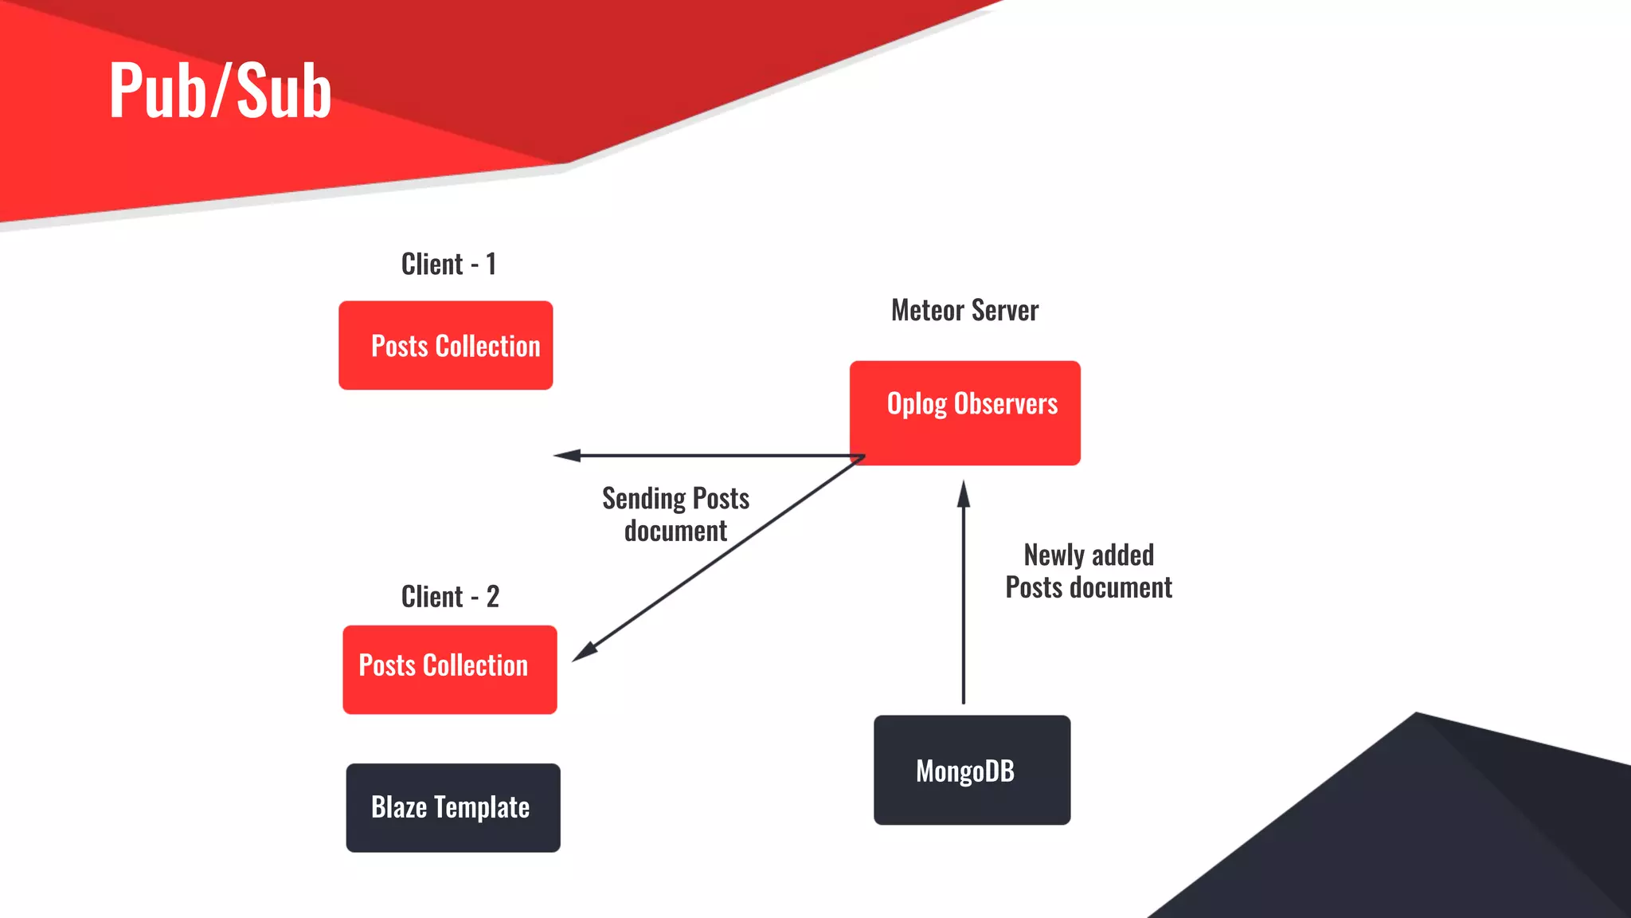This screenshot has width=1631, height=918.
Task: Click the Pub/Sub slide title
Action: pyautogui.click(x=220, y=91)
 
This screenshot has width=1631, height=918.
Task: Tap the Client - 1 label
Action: pyautogui.click(x=448, y=265)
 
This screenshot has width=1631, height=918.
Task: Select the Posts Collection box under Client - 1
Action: pyautogui.click(x=446, y=345)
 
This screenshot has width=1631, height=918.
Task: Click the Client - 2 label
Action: pyautogui.click(x=450, y=597)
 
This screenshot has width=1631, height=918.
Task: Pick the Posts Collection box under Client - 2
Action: pyautogui.click(x=450, y=669)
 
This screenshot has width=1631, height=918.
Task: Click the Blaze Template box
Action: pyautogui.click(x=453, y=808)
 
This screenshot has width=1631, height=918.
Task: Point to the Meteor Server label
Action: pyautogui.click(x=964, y=311)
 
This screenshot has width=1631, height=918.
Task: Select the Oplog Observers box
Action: pyautogui.click(x=965, y=413)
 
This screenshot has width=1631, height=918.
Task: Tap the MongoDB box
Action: pyautogui.click(x=972, y=770)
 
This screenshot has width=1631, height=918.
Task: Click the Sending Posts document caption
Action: pyautogui.click(x=675, y=515)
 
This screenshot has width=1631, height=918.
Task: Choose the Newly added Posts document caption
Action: pyautogui.click(x=1088, y=571)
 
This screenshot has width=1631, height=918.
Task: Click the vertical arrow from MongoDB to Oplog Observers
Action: pyautogui.click(x=964, y=606)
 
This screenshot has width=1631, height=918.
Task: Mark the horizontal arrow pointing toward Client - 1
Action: pyautogui.click(x=717, y=456)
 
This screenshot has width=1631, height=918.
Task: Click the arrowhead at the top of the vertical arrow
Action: pyautogui.click(x=964, y=494)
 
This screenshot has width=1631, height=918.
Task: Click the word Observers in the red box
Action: pyautogui.click(x=1006, y=404)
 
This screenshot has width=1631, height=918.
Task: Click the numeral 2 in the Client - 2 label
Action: pyautogui.click(x=493, y=597)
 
